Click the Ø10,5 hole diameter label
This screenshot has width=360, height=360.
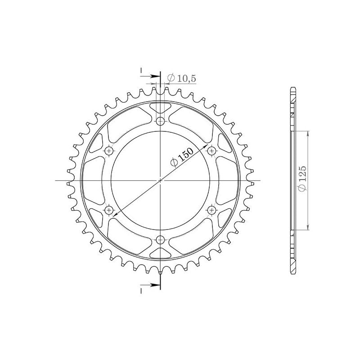(181, 78)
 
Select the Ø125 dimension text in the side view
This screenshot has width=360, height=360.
(303, 180)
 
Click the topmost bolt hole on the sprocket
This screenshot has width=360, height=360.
(160, 121)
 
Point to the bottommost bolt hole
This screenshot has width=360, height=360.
(160, 240)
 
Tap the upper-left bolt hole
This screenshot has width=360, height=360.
(108, 151)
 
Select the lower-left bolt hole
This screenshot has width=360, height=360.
(108, 210)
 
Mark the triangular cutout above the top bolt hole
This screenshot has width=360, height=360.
(160, 108)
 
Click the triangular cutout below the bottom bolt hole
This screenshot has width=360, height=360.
(160, 253)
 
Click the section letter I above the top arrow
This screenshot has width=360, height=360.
(141, 71)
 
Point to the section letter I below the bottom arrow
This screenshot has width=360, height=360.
(141, 291)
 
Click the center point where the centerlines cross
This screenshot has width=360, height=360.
(160, 180)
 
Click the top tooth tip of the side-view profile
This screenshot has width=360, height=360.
(292, 89)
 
